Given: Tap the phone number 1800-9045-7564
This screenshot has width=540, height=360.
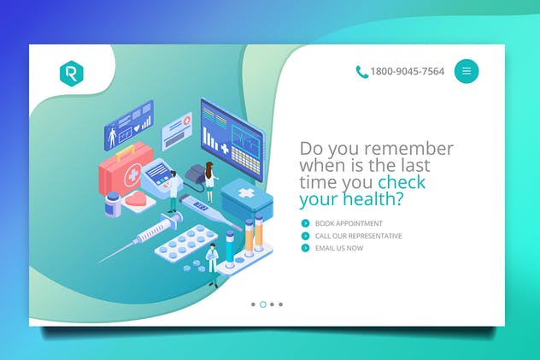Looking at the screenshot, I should pyautogui.click(x=407, y=72).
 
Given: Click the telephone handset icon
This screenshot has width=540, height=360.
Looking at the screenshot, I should pyautogui.click(x=362, y=72).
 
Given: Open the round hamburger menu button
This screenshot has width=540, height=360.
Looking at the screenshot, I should pyautogui.click(x=467, y=71).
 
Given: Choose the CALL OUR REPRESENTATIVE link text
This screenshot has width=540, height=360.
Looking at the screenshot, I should pyautogui.click(x=358, y=236).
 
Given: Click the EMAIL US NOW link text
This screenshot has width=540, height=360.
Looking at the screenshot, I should pyautogui.click(x=338, y=248).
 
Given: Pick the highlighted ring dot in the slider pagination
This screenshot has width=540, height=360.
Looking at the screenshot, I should pyautogui.click(x=262, y=304).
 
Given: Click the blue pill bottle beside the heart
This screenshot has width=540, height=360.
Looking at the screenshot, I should pyautogui.click(x=113, y=205).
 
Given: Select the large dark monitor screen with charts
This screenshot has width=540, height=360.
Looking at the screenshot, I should pyautogui.click(x=232, y=135).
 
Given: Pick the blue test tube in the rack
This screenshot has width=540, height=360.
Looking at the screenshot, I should pyautogui.click(x=231, y=243).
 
